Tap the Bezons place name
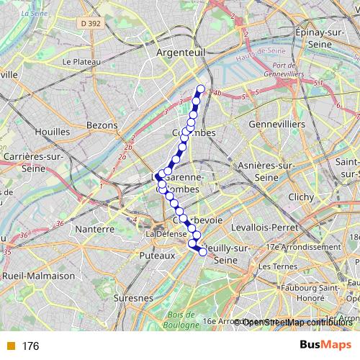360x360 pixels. (x=102, y=125)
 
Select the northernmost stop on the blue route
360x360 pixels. (x=201, y=90)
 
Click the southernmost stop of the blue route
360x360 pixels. (x=203, y=251)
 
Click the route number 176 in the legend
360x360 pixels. (x=30, y=346)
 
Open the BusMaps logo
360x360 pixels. (x=326, y=346)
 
